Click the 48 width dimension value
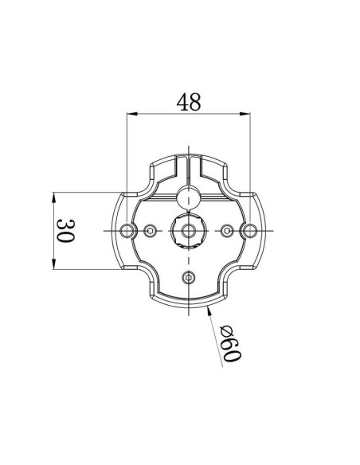click(188, 102)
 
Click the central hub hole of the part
click(189, 231)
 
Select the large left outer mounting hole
click(127, 231)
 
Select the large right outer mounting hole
click(249, 231)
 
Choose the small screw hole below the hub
click(189, 276)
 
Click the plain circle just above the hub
click(189, 197)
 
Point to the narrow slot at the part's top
click(189, 167)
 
